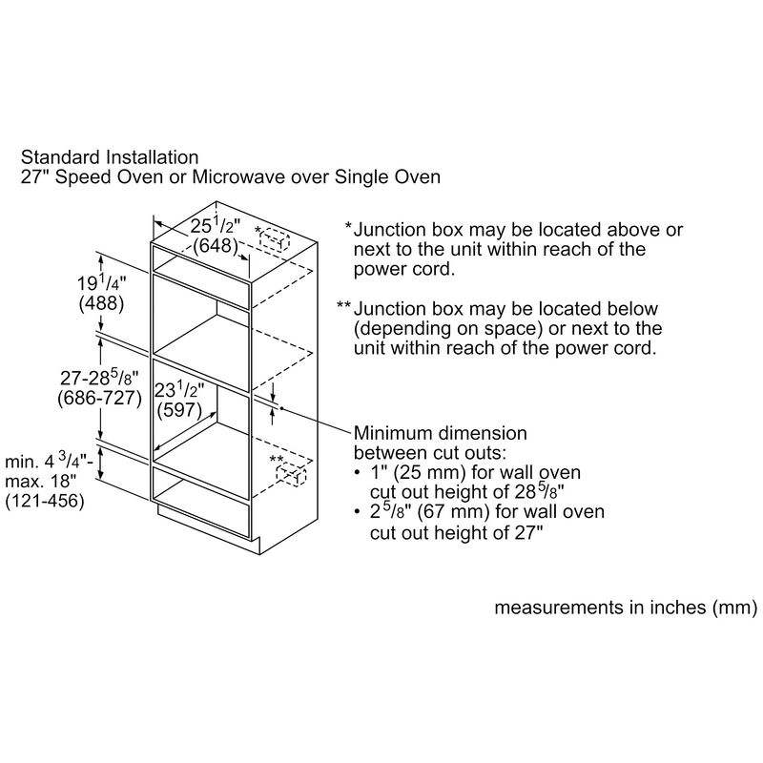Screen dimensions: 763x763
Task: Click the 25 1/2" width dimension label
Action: [x=216, y=226]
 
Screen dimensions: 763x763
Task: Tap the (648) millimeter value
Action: [x=216, y=245]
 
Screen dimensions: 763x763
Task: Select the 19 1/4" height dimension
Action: [x=102, y=282]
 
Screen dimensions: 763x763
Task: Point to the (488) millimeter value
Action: [x=102, y=303]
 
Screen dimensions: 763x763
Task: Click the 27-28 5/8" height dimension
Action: [x=100, y=377]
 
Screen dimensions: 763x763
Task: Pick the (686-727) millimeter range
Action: [x=100, y=399]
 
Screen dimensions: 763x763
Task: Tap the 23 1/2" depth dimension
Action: [x=179, y=390]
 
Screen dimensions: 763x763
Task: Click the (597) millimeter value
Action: [x=179, y=410]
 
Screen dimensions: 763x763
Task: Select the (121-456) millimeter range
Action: [x=45, y=501]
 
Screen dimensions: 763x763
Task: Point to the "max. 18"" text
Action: [x=41, y=481]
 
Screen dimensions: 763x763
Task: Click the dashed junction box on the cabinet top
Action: [x=275, y=239]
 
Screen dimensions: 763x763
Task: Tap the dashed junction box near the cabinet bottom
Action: [x=291, y=474]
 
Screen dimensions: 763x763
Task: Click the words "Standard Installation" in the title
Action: [x=110, y=157]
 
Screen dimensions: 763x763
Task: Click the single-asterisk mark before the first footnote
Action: [x=348, y=227]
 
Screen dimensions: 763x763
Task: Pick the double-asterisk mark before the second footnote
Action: [x=343, y=305]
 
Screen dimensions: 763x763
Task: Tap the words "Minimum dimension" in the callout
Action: [x=441, y=433]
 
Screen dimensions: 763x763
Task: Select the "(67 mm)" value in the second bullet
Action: [x=443, y=512]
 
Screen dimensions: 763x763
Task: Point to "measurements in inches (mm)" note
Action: [x=626, y=608]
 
